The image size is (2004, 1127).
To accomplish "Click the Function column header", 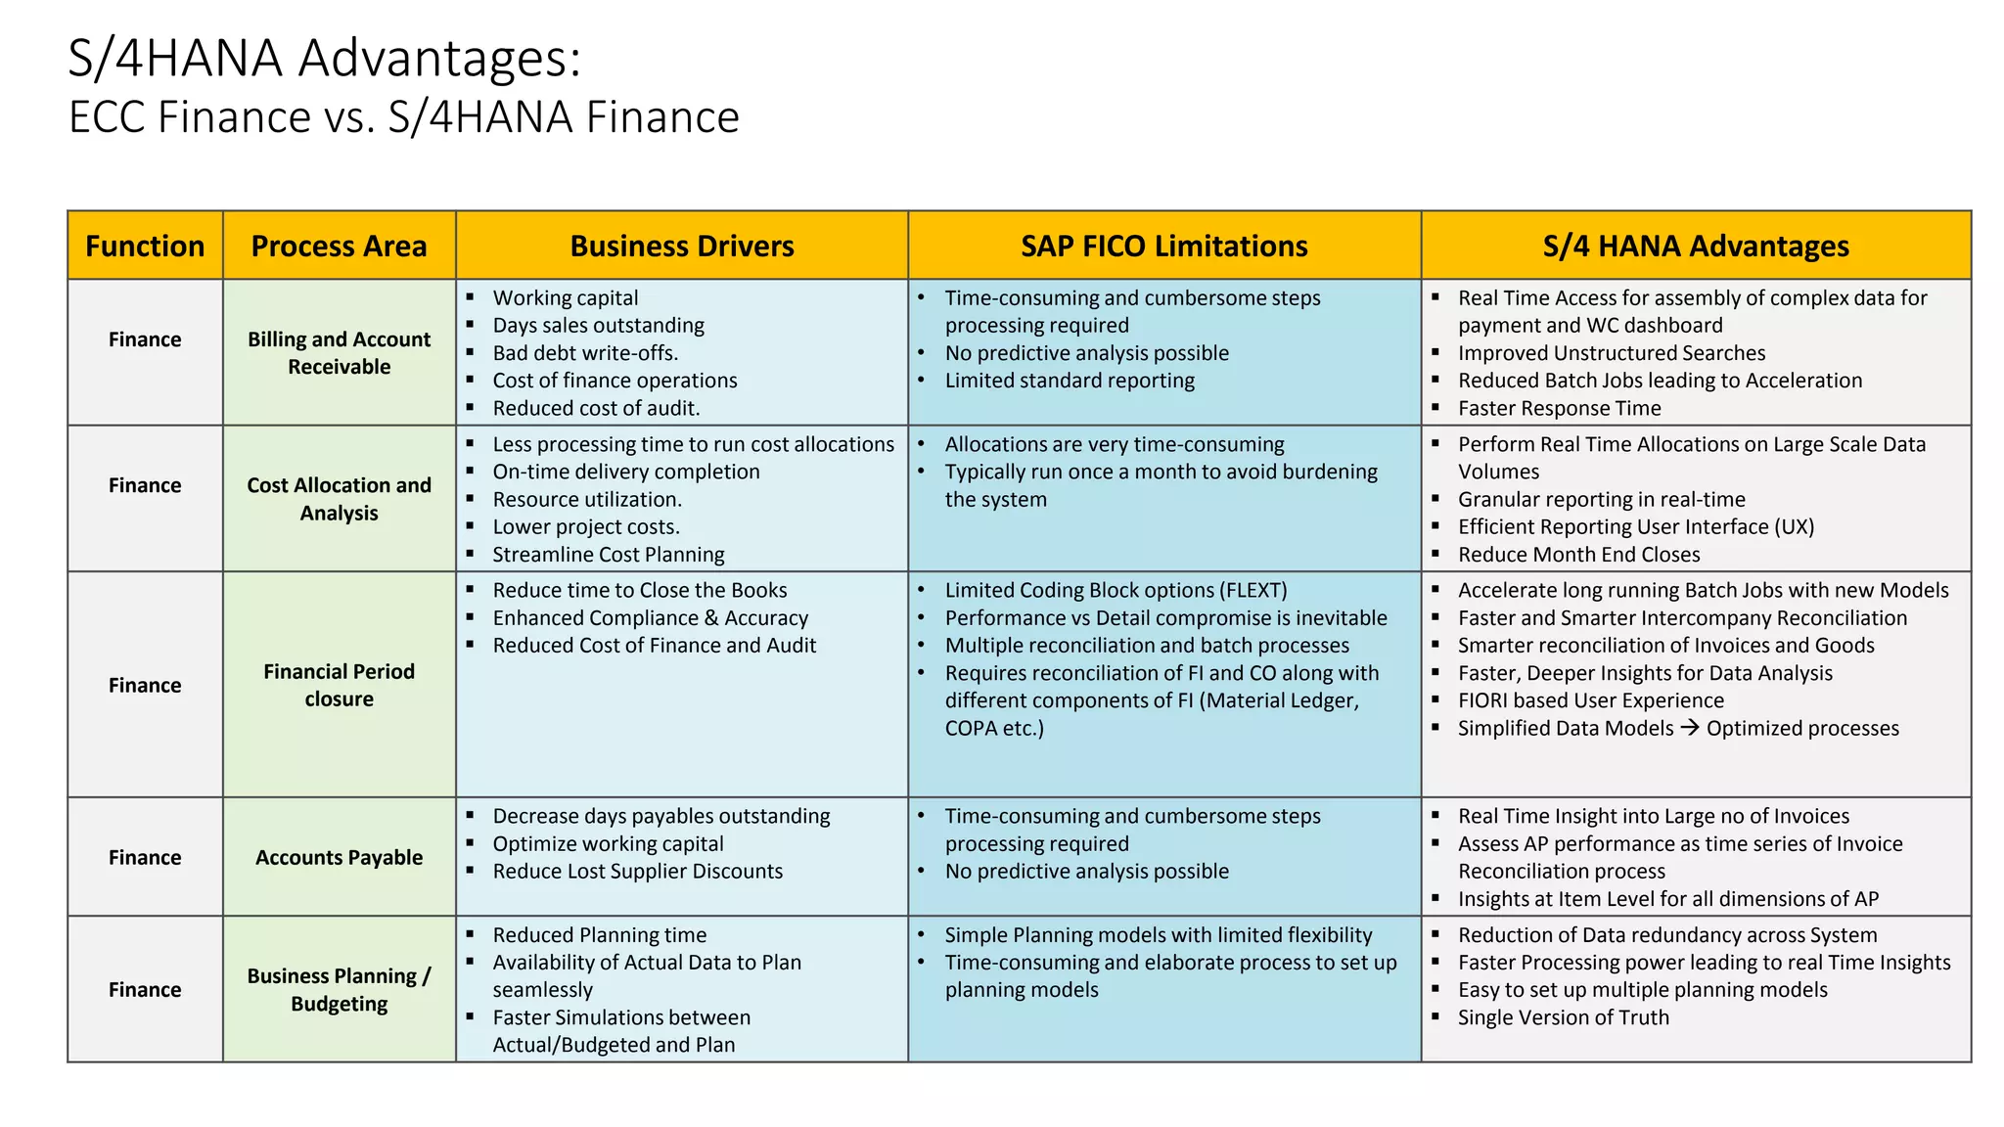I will point(145,246).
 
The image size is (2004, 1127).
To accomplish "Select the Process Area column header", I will point(339,246).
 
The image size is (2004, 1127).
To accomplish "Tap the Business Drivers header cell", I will point(682,246).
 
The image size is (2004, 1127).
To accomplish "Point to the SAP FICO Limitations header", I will point(1163,246).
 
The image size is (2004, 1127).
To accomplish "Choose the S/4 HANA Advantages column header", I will point(1696,246).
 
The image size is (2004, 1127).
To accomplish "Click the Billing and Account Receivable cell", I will point(339,353).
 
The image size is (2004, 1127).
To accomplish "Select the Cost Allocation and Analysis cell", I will point(339,499).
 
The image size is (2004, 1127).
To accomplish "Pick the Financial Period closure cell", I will point(339,685).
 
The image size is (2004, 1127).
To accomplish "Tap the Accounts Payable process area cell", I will point(339,858).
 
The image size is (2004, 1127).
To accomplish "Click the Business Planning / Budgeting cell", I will point(339,990).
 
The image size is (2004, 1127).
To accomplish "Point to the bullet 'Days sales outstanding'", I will point(598,326).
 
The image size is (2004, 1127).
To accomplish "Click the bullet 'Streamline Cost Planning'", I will point(608,555).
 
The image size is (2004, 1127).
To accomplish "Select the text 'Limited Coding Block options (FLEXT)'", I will point(1116,591).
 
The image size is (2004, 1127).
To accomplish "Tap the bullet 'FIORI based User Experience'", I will point(1590,700).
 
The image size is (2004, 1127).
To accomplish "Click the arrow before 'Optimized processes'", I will point(1690,728).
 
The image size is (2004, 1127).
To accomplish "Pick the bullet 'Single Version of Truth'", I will point(1563,1017).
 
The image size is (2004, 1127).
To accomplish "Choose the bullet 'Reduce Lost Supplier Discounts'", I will point(637,872).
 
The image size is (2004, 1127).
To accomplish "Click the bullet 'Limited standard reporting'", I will point(1070,381).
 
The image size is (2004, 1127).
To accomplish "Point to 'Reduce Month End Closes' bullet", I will point(1578,555).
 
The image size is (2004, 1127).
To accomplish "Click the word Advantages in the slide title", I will point(439,59).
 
